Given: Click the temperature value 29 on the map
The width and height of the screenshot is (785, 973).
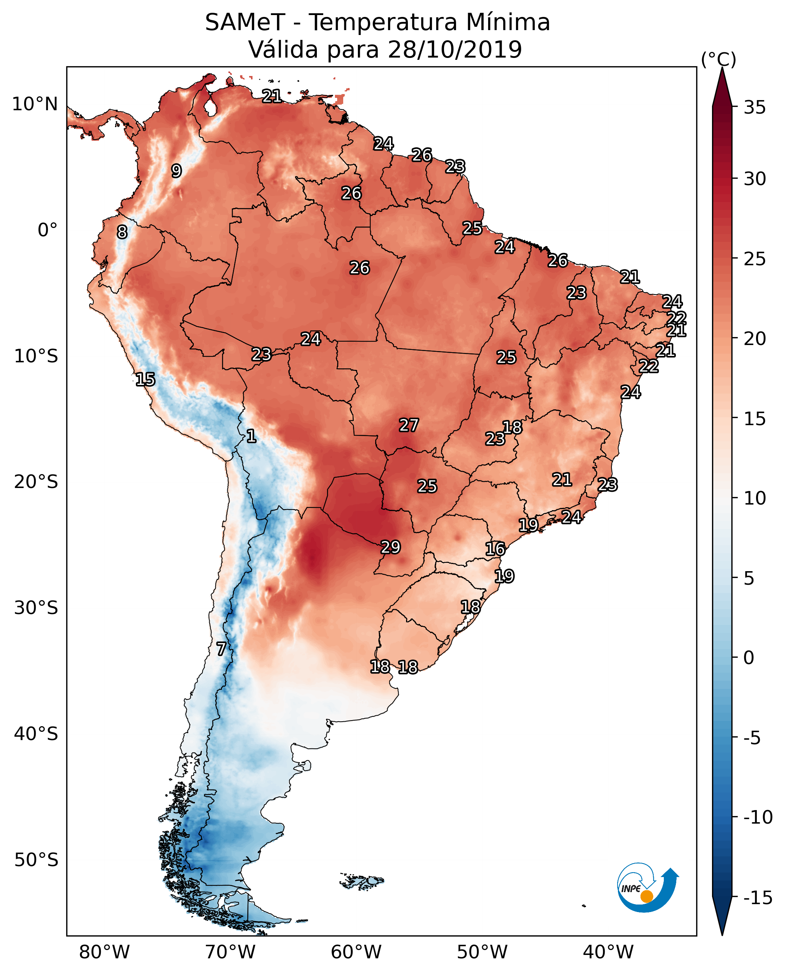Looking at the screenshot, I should coord(391,547).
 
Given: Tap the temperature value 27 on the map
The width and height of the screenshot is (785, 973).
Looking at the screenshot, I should coord(409,425).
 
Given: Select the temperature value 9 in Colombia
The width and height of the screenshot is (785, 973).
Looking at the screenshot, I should coord(176,170).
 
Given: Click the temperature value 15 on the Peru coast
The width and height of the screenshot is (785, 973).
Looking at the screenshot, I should coord(145,379).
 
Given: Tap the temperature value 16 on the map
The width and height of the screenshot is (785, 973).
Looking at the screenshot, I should coord(495,549).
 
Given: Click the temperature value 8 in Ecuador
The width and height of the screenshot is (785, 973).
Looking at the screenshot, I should coord(122,232).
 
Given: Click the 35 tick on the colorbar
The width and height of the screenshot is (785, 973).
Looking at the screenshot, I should coord(755,107).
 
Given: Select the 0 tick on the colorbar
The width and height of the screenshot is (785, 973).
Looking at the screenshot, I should coord(749,657).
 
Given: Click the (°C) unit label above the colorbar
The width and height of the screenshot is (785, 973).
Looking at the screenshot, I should coord(718,59).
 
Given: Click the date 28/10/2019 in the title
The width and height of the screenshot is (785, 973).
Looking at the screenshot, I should coord(455,49).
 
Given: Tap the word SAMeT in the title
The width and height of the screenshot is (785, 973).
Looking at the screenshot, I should coord(245,22).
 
